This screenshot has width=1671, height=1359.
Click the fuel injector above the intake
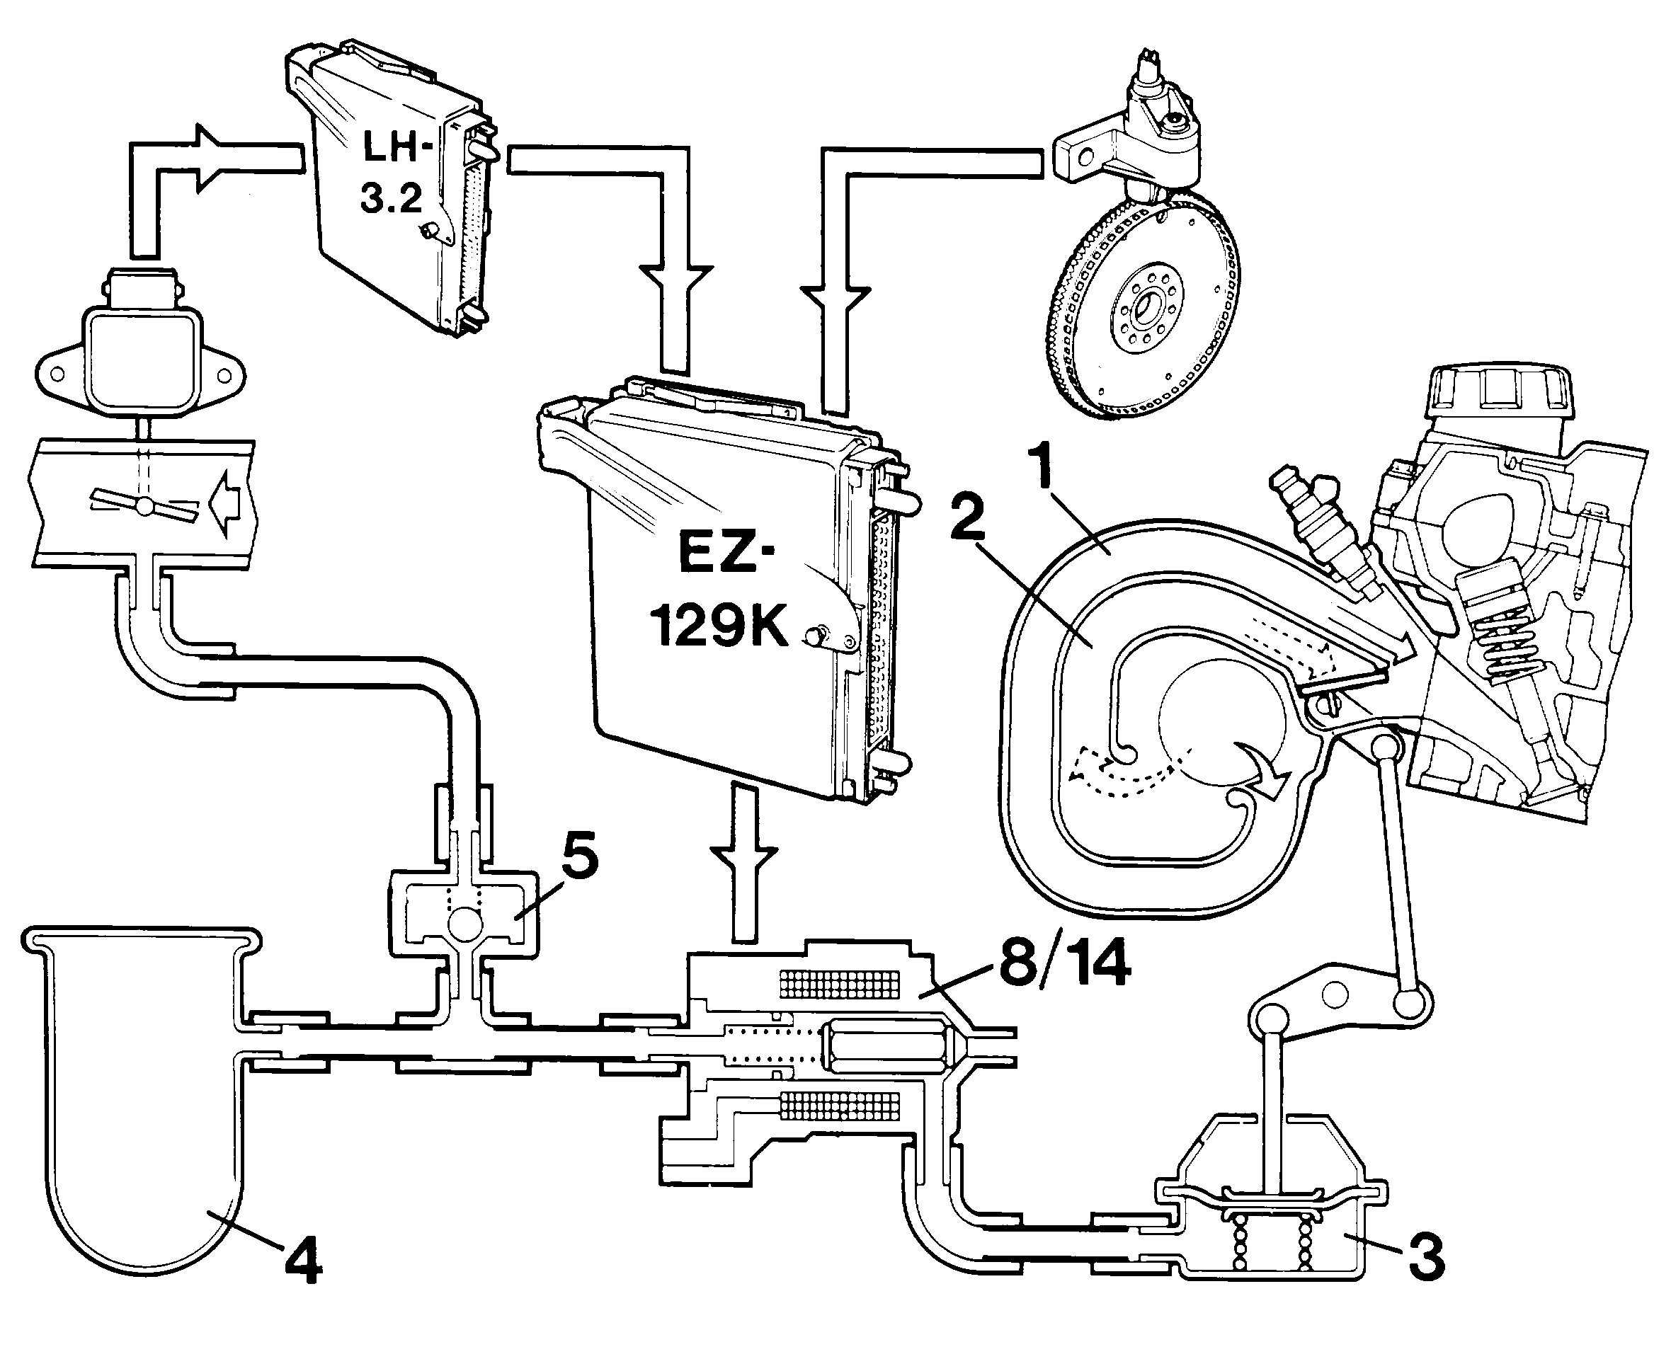pos(1324,532)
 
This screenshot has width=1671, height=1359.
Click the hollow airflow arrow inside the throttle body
pos(232,504)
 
